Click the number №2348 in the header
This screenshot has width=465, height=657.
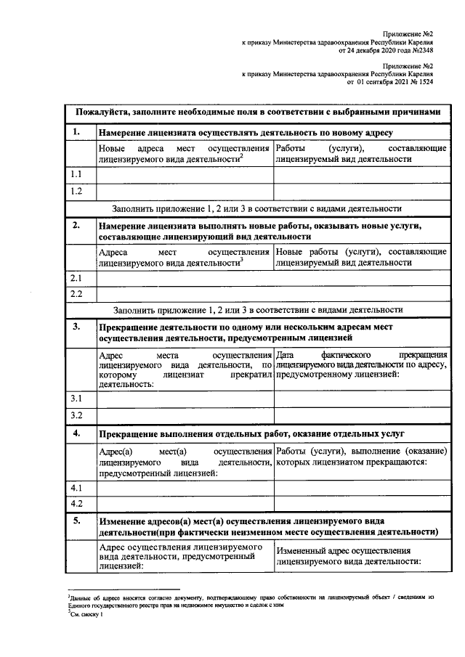[423, 52]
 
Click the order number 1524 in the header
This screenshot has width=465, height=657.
[426, 83]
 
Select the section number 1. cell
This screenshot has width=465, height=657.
[76, 132]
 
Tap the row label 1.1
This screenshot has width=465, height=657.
[76, 175]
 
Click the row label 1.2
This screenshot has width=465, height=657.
[76, 192]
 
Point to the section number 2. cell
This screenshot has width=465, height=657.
[76, 226]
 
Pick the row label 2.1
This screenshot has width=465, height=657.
[76, 278]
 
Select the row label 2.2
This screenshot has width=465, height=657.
[76, 295]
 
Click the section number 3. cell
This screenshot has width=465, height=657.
[76, 327]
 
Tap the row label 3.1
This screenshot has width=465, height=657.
[76, 399]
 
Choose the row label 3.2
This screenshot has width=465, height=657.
[76, 415]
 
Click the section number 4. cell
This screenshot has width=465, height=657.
[76, 433]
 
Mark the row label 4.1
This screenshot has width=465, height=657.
[76, 487]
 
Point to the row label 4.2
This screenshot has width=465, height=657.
[76, 503]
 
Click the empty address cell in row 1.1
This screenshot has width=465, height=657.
[185, 175]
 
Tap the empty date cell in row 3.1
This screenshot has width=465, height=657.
[361, 399]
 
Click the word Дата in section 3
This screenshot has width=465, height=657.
[288, 354]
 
